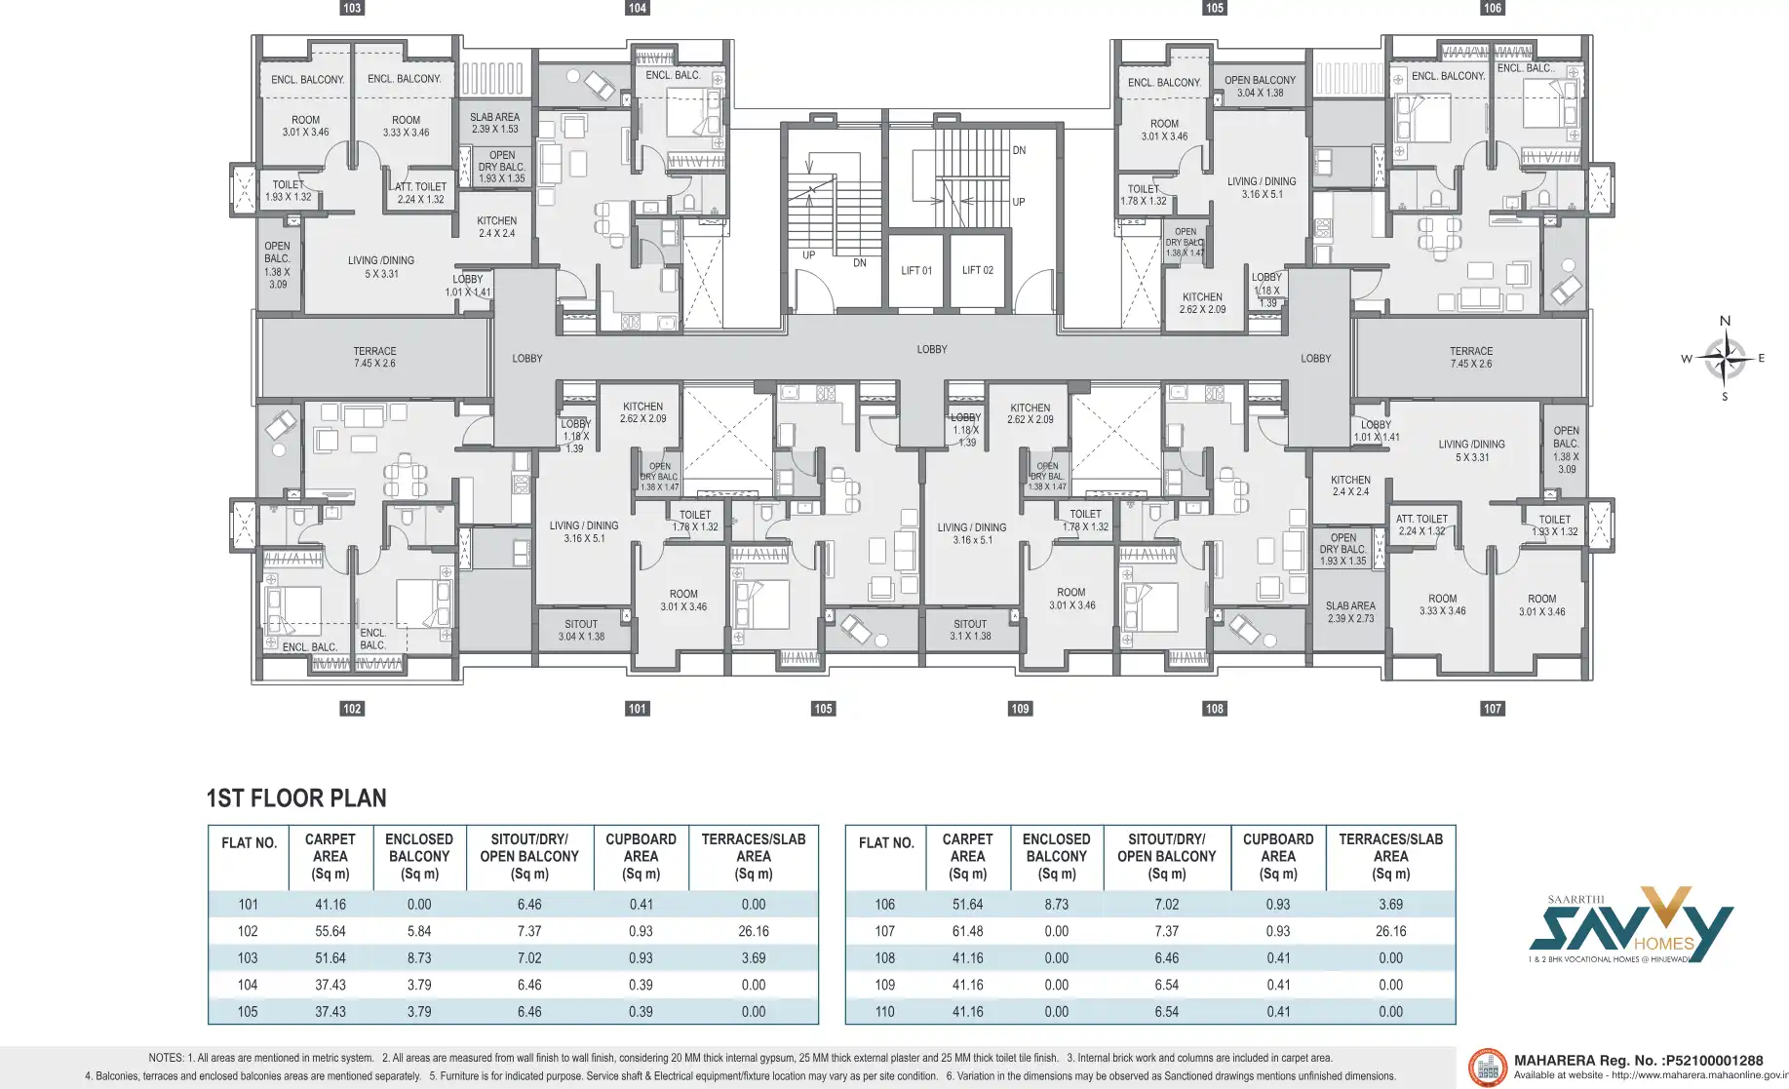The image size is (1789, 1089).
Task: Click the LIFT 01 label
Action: click(x=915, y=270)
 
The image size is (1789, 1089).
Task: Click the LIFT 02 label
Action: click(x=977, y=270)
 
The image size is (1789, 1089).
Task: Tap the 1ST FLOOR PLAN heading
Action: click(x=296, y=798)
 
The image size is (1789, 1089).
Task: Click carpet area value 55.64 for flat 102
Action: click(x=330, y=931)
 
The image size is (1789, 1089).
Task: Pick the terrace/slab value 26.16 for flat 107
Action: click(x=1390, y=931)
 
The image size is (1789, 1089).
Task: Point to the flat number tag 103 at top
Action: click(x=352, y=8)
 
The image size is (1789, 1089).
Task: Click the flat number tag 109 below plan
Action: click(x=1020, y=709)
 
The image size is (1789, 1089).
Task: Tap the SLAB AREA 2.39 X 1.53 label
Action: click(x=494, y=123)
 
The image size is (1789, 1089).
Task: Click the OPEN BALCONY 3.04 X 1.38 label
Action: click(x=1260, y=87)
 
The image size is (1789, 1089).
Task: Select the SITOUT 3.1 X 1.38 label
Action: click(x=969, y=630)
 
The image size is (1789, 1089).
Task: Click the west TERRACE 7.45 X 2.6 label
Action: click(x=374, y=357)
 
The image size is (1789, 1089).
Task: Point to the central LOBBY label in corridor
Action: click(x=931, y=349)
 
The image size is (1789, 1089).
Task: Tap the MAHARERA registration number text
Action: click(x=1638, y=1061)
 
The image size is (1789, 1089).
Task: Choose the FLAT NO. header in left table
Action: click(x=249, y=843)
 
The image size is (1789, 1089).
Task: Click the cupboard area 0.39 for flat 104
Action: click(x=641, y=985)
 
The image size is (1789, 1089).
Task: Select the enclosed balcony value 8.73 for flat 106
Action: click(x=1056, y=905)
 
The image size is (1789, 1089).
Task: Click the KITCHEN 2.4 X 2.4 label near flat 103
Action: click(x=496, y=227)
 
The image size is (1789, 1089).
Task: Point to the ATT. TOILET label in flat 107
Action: click(x=1421, y=525)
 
